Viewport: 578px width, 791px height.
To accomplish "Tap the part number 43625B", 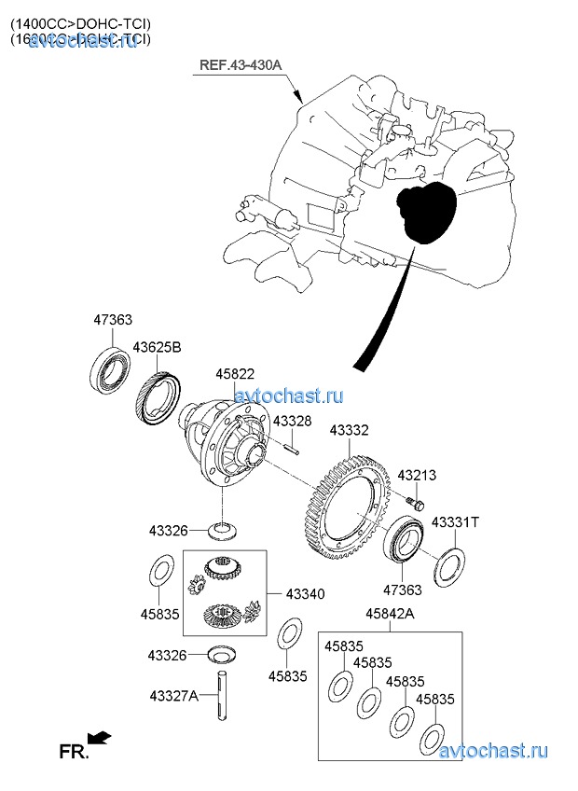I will pyautogui.click(x=157, y=348).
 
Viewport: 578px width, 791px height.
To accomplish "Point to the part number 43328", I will pyautogui.click(x=292, y=422).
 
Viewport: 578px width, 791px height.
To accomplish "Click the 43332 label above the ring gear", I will pyautogui.click(x=349, y=431).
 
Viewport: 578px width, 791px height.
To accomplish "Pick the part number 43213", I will pyautogui.click(x=417, y=475).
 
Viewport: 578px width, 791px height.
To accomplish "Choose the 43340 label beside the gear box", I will pyautogui.click(x=305, y=593).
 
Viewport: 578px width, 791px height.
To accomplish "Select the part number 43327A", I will pyautogui.click(x=173, y=695).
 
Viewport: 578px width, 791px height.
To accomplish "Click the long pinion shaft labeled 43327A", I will pyautogui.click(x=225, y=697).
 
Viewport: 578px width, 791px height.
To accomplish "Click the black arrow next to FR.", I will pyautogui.click(x=100, y=738).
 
